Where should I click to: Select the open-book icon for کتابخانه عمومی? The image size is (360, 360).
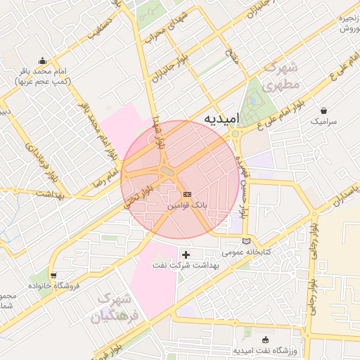[245, 242]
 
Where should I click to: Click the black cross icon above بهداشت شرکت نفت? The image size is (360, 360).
[186, 254]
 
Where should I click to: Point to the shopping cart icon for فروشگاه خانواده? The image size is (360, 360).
[53, 275]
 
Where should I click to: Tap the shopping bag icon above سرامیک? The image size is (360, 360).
[323, 110]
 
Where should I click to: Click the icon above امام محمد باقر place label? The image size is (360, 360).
[42, 60]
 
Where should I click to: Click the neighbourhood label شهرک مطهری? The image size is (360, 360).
[283, 76]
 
